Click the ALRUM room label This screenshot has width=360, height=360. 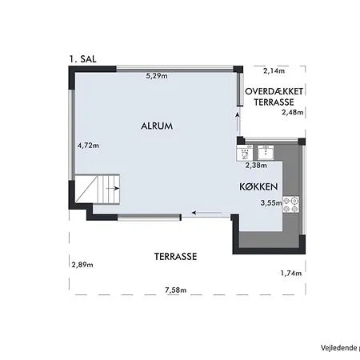click(x=157, y=126)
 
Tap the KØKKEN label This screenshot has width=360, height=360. click(x=258, y=186)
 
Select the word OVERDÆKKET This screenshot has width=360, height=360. click(x=274, y=91)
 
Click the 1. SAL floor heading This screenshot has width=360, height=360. click(x=82, y=59)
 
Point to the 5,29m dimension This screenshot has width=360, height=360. click(x=157, y=76)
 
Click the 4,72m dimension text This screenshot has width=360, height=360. click(x=88, y=146)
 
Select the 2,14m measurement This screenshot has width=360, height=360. click(x=274, y=70)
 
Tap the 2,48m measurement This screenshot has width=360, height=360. click(x=293, y=112)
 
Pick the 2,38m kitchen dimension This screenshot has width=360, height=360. click(x=256, y=166)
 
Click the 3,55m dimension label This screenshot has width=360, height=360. click(x=271, y=203)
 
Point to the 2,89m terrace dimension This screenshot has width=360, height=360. click(x=82, y=265)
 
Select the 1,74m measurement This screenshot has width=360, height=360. click(x=291, y=273)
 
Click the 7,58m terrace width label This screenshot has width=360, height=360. click(x=175, y=290)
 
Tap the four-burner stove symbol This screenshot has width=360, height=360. click(x=290, y=205)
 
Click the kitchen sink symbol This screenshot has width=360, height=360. click(x=266, y=153)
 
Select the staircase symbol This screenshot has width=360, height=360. click(x=97, y=190)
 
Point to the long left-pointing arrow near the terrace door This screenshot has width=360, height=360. click(x=207, y=213)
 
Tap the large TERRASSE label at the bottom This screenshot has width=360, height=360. click(x=175, y=257)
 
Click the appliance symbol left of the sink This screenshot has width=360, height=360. click(x=245, y=153)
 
